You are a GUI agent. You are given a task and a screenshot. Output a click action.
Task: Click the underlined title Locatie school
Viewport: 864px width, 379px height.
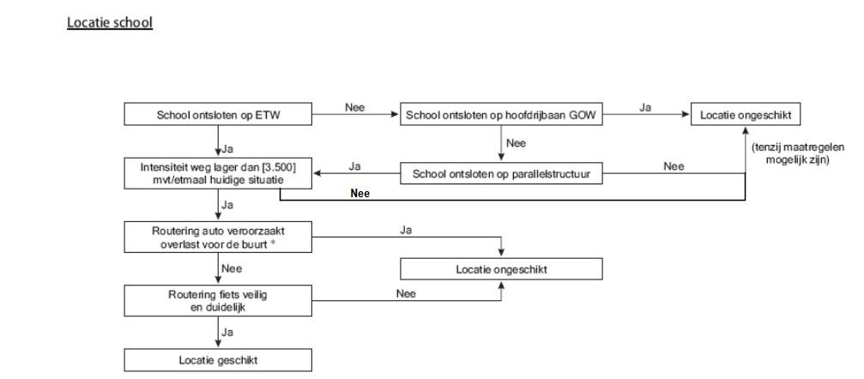point(110,22)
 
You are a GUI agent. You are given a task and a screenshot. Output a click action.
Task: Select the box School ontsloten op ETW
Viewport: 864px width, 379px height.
point(218,116)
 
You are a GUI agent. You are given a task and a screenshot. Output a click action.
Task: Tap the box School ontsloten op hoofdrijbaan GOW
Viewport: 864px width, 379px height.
point(501,116)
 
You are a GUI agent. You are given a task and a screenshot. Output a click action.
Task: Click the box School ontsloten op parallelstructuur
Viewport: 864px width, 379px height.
point(501,174)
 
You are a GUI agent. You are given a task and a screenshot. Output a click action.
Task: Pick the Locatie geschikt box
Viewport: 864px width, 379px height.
point(218,361)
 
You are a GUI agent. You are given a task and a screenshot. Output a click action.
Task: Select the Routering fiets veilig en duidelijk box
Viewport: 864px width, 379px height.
point(218,301)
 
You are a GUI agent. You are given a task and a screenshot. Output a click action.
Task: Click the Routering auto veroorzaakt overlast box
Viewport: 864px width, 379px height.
point(218,238)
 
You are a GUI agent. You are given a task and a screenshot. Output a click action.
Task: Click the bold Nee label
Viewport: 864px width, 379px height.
point(359,193)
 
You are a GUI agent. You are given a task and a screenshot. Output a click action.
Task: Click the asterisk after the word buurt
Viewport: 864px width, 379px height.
point(273,243)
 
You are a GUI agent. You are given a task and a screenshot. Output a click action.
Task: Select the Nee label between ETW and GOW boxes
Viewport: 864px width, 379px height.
point(355,108)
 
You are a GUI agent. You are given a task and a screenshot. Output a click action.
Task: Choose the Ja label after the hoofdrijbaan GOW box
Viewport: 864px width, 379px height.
point(645,108)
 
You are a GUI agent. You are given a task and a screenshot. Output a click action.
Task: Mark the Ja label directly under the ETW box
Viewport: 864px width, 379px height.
point(228,149)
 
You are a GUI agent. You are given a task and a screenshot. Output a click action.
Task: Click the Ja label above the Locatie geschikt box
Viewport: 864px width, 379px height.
point(228,333)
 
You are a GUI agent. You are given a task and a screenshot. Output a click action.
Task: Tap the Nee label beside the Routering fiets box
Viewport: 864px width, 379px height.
point(406,293)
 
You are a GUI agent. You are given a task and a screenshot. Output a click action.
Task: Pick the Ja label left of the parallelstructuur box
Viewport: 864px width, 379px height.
point(355,166)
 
